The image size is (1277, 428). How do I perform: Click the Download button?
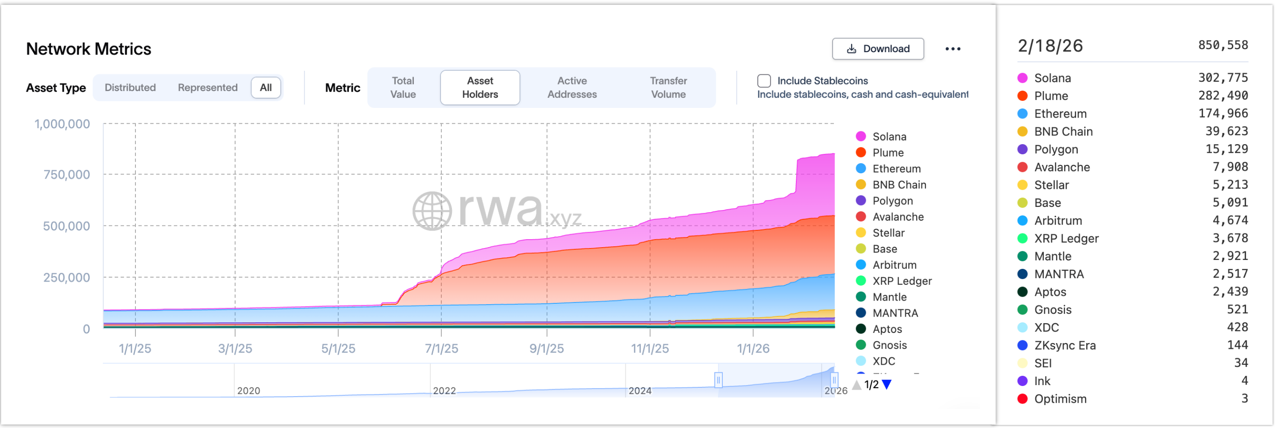point(877,49)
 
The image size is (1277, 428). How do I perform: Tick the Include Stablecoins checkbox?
point(764,81)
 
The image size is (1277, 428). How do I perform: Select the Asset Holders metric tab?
point(479,87)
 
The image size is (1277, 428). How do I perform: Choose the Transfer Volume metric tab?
point(668,87)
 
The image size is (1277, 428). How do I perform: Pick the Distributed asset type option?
point(130,87)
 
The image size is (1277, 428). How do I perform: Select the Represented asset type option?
point(207,87)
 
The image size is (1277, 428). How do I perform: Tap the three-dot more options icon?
point(952,49)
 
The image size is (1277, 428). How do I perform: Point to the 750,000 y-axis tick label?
point(66,174)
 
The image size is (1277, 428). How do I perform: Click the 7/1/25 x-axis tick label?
point(441,348)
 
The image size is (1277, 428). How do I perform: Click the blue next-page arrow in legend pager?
point(887,384)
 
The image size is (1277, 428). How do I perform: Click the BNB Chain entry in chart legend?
point(899,185)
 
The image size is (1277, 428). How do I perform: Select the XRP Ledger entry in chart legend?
point(902,281)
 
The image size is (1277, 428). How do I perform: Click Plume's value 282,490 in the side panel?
point(1223,96)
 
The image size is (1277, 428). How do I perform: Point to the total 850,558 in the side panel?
point(1223,45)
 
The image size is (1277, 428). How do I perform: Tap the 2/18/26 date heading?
point(1050,46)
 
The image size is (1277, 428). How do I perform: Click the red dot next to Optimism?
point(1022,399)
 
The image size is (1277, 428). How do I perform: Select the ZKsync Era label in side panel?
point(1065,345)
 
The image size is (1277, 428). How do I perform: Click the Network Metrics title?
point(88,49)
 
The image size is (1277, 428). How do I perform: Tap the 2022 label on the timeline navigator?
point(444,390)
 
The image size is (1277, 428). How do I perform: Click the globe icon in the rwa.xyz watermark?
point(432,211)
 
